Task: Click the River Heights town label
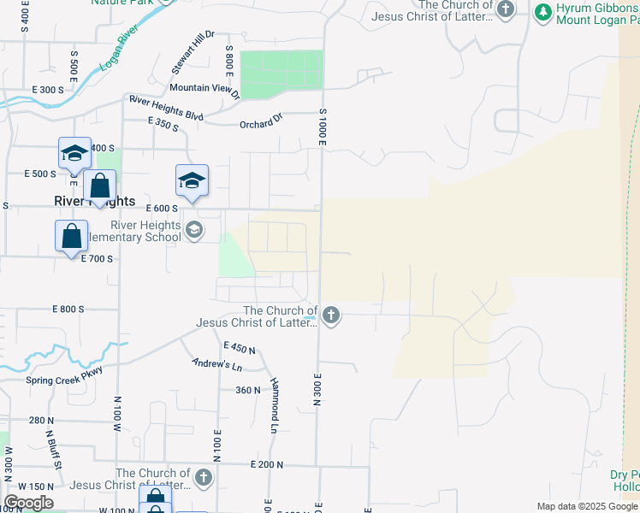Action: pyautogui.click(x=94, y=202)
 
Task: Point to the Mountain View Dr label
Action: pyautogui.click(x=204, y=87)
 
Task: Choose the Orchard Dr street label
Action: pyautogui.click(x=261, y=122)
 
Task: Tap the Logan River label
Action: pyautogui.click(x=118, y=51)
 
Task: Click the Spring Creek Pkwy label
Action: pyautogui.click(x=63, y=380)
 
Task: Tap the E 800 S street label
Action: pyautogui.click(x=68, y=309)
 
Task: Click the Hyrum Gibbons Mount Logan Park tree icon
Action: pyautogui.click(x=542, y=12)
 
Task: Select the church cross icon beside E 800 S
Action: pyautogui.click(x=331, y=316)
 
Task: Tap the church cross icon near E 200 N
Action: pyautogui.click(x=203, y=477)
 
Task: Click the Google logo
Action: pyautogui.click(x=28, y=503)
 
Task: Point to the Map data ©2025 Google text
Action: pyautogui.click(x=587, y=506)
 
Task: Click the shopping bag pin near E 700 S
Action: pyautogui.click(x=71, y=237)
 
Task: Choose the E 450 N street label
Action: pyautogui.click(x=240, y=348)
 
